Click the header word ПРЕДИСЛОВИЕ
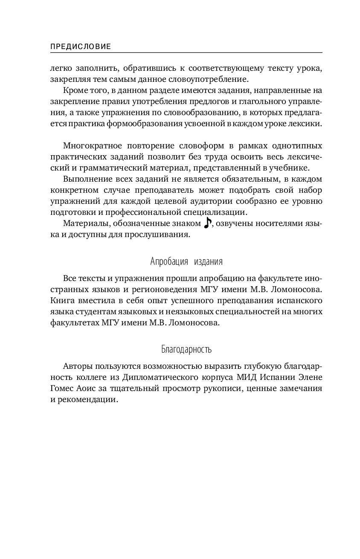[81, 47]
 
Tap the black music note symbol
[207, 223]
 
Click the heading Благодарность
[186, 350]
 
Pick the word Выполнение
[87, 179]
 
